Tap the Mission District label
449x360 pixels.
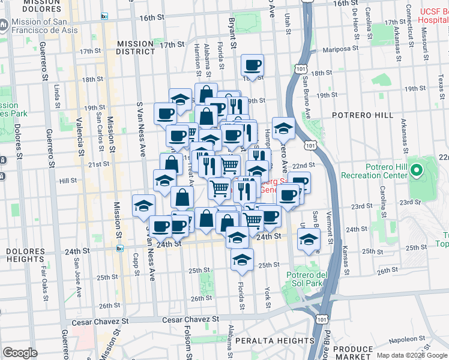(136, 47)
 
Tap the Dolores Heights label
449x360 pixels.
(26, 254)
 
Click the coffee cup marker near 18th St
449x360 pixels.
(253, 65)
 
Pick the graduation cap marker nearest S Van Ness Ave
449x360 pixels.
(143, 205)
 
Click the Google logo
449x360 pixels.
(20, 352)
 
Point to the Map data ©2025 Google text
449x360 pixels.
(411, 355)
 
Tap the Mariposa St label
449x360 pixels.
(342, 50)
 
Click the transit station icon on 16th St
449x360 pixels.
(104, 17)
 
